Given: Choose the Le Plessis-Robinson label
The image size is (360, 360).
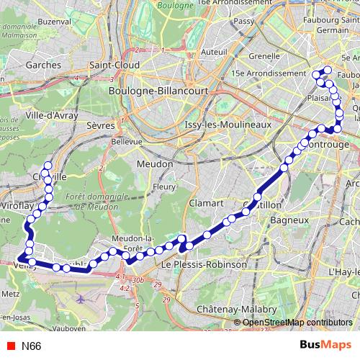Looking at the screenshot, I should [204, 264].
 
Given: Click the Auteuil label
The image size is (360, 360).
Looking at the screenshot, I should [215, 51].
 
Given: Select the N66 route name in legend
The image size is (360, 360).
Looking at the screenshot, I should [31, 346].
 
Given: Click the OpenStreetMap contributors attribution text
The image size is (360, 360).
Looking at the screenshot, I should [296, 323].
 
